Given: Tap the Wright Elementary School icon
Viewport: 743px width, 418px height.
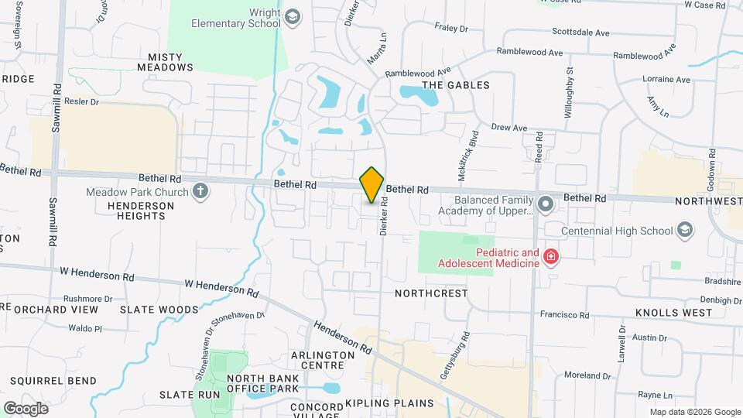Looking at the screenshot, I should pyautogui.click(x=293, y=17).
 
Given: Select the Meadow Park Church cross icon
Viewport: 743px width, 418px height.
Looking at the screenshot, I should pyautogui.click(x=200, y=192).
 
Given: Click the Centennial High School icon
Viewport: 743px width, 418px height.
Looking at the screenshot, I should pyautogui.click(x=684, y=230).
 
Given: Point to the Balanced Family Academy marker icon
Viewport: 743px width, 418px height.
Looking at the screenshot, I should pyautogui.click(x=546, y=204).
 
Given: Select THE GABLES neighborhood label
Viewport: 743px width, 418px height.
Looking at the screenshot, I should pyautogui.click(x=455, y=85).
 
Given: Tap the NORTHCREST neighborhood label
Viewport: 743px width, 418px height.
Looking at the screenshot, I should pyautogui.click(x=431, y=293).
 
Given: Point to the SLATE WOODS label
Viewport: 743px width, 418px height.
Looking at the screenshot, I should pyautogui.click(x=159, y=310).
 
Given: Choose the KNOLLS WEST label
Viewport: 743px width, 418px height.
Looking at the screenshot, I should pyautogui.click(x=673, y=313).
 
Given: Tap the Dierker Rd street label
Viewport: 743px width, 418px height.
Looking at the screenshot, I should pyautogui.click(x=382, y=214).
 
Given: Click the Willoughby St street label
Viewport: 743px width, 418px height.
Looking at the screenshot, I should pyautogui.click(x=569, y=91).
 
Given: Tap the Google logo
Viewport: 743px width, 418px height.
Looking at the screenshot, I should pyautogui.click(x=26, y=408).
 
